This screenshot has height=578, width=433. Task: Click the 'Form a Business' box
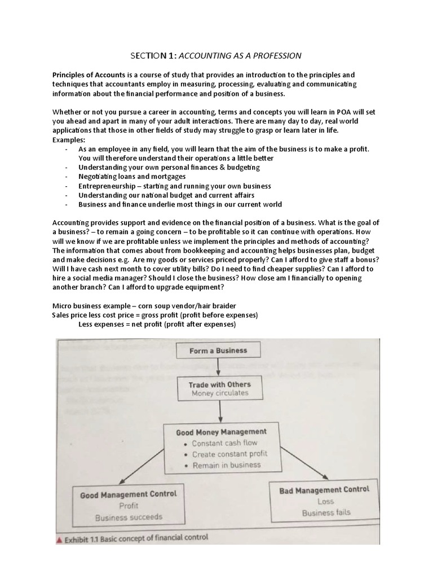tap(218, 351)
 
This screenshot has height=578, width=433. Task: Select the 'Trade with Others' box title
tap(220, 384)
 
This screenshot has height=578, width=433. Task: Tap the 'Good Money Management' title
tap(221, 432)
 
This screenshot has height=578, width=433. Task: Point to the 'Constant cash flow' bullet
tap(224, 443)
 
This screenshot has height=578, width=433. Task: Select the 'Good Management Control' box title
tap(129, 494)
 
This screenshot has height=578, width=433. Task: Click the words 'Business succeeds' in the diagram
tap(129, 516)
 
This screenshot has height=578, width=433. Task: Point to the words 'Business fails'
tap(326, 513)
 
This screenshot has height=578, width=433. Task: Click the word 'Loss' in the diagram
tap(325, 501)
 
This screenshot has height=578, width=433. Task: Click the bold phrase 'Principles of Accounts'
tap(90, 75)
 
